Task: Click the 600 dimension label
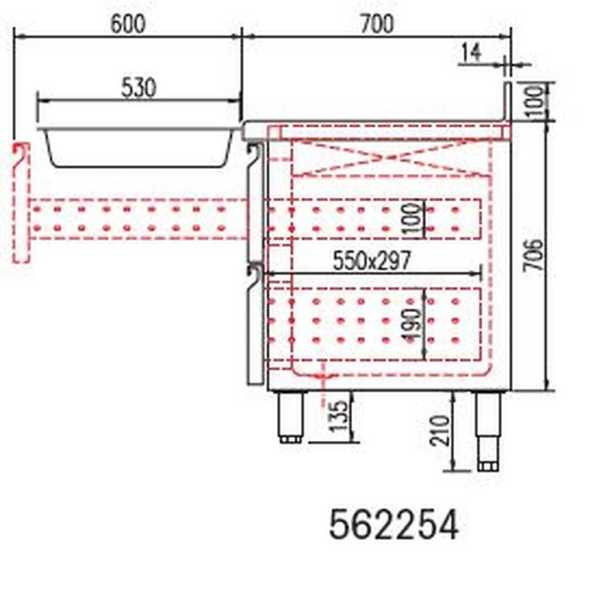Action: click(127, 24)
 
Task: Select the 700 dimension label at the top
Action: click(376, 24)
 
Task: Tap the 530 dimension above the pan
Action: click(139, 88)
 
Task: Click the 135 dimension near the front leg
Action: click(340, 416)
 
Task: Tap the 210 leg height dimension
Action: click(441, 430)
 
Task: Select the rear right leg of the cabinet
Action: click(487, 430)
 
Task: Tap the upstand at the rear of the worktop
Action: click(507, 102)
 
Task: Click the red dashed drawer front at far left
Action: click(21, 203)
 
